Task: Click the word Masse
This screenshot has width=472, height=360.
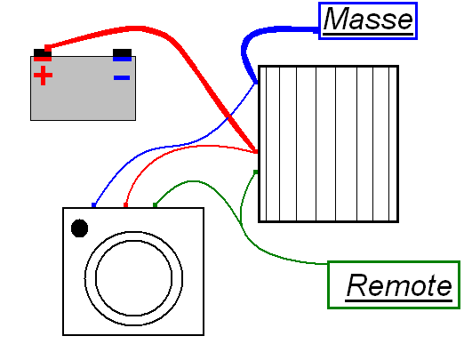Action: (368, 19)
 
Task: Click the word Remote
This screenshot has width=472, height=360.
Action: (399, 284)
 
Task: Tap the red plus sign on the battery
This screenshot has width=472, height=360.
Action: (43, 76)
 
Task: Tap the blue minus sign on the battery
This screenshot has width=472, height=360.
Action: (122, 77)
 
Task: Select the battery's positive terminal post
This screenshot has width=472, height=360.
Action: (43, 55)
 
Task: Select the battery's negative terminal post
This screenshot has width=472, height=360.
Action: (122, 55)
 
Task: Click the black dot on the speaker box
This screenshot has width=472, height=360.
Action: (79, 228)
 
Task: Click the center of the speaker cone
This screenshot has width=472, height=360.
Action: (133, 278)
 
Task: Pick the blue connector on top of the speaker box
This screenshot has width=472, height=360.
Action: (93, 205)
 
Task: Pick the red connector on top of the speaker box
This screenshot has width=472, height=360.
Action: (125, 205)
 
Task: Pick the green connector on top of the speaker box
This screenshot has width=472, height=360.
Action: (155, 205)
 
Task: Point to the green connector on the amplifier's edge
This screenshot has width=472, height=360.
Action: (256, 172)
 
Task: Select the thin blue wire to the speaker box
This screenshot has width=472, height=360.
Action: (178, 146)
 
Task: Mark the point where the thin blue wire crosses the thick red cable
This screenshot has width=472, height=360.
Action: (229, 116)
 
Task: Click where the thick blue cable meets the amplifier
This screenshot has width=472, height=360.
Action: (256, 82)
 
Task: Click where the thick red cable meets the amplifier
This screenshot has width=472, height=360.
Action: (256, 151)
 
